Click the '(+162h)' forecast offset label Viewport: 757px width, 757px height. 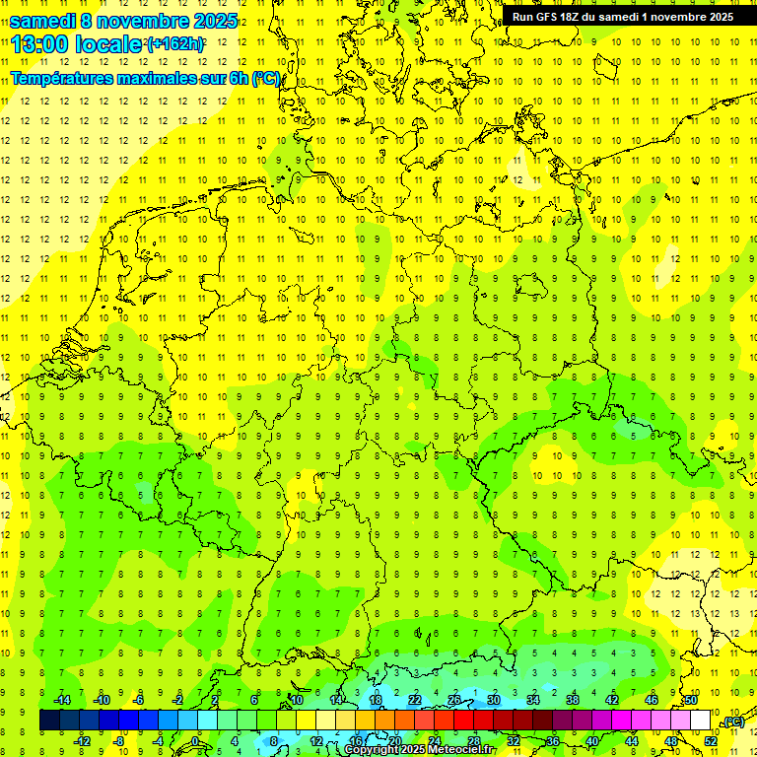174,44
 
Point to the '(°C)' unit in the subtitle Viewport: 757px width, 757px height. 266,78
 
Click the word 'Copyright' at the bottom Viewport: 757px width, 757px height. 372,750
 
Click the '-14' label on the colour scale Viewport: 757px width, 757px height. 62,700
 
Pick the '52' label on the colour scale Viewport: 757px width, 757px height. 711,740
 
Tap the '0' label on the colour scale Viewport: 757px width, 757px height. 196,740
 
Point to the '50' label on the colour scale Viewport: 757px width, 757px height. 691,700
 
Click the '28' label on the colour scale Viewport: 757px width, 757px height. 473,740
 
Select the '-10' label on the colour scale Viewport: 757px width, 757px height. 101,700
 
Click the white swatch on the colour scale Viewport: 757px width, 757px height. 701,721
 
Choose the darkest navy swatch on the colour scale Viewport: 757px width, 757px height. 49,721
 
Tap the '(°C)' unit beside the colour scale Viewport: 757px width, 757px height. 732,722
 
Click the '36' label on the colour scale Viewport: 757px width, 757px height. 552,740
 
